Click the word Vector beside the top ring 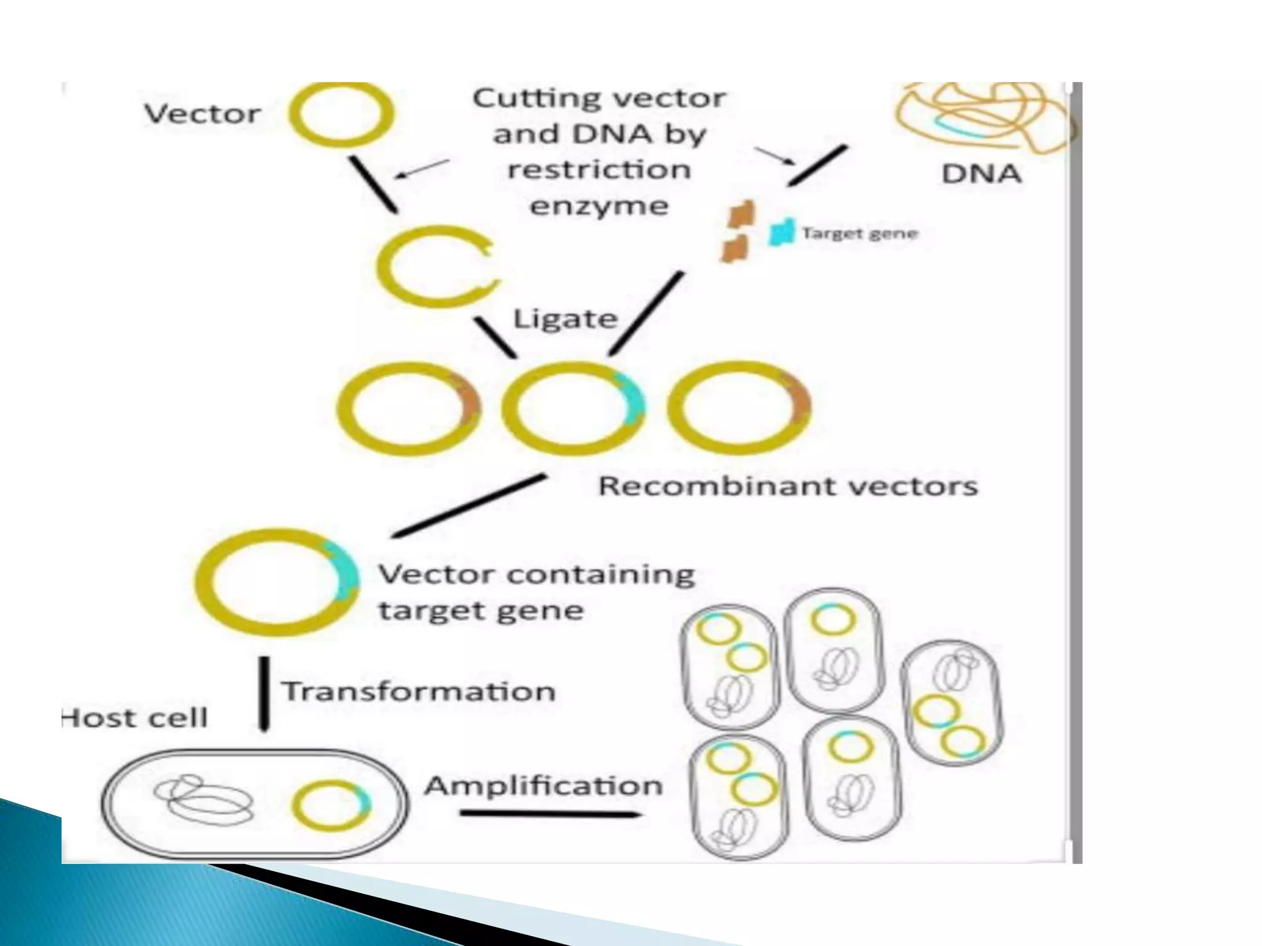[x=202, y=115]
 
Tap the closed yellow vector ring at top [x=341, y=115]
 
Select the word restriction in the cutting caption [x=599, y=170]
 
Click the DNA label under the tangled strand [x=981, y=174]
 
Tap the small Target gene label [x=860, y=233]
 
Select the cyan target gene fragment [x=781, y=233]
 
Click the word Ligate [x=565, y=319]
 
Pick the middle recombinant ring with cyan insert [x=573, y=408]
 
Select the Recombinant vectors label [x=788, y=487]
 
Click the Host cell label [x=136, y=718]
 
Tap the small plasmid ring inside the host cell [x=332, y=805]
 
